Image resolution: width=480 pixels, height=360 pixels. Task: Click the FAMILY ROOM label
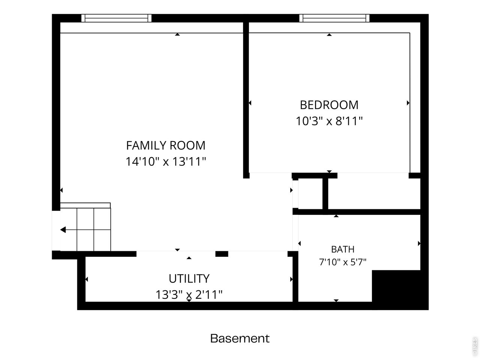166,145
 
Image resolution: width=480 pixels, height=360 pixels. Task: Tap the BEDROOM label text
329,105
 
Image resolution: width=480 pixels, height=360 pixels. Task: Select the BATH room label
343,249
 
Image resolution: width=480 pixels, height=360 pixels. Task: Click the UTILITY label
189,279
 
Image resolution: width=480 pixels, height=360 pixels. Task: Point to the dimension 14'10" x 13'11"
166,162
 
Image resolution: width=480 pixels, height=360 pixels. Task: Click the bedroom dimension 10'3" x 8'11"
329,121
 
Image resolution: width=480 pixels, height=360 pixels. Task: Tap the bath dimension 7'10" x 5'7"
343,262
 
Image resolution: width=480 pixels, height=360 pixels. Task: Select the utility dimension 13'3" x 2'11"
189,295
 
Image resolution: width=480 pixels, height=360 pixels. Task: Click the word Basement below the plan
240,339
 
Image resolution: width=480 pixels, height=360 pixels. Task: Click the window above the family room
116,18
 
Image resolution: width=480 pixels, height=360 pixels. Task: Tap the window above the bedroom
334,18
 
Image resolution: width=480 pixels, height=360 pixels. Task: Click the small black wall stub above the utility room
222,254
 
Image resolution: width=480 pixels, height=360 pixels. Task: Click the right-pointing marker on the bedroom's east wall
408,103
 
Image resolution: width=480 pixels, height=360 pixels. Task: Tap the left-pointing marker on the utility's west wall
87,279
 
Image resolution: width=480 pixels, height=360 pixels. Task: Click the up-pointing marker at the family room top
177,34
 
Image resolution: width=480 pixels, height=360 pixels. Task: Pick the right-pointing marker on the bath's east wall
419,243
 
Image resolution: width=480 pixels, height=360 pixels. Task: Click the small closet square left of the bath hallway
310,193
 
